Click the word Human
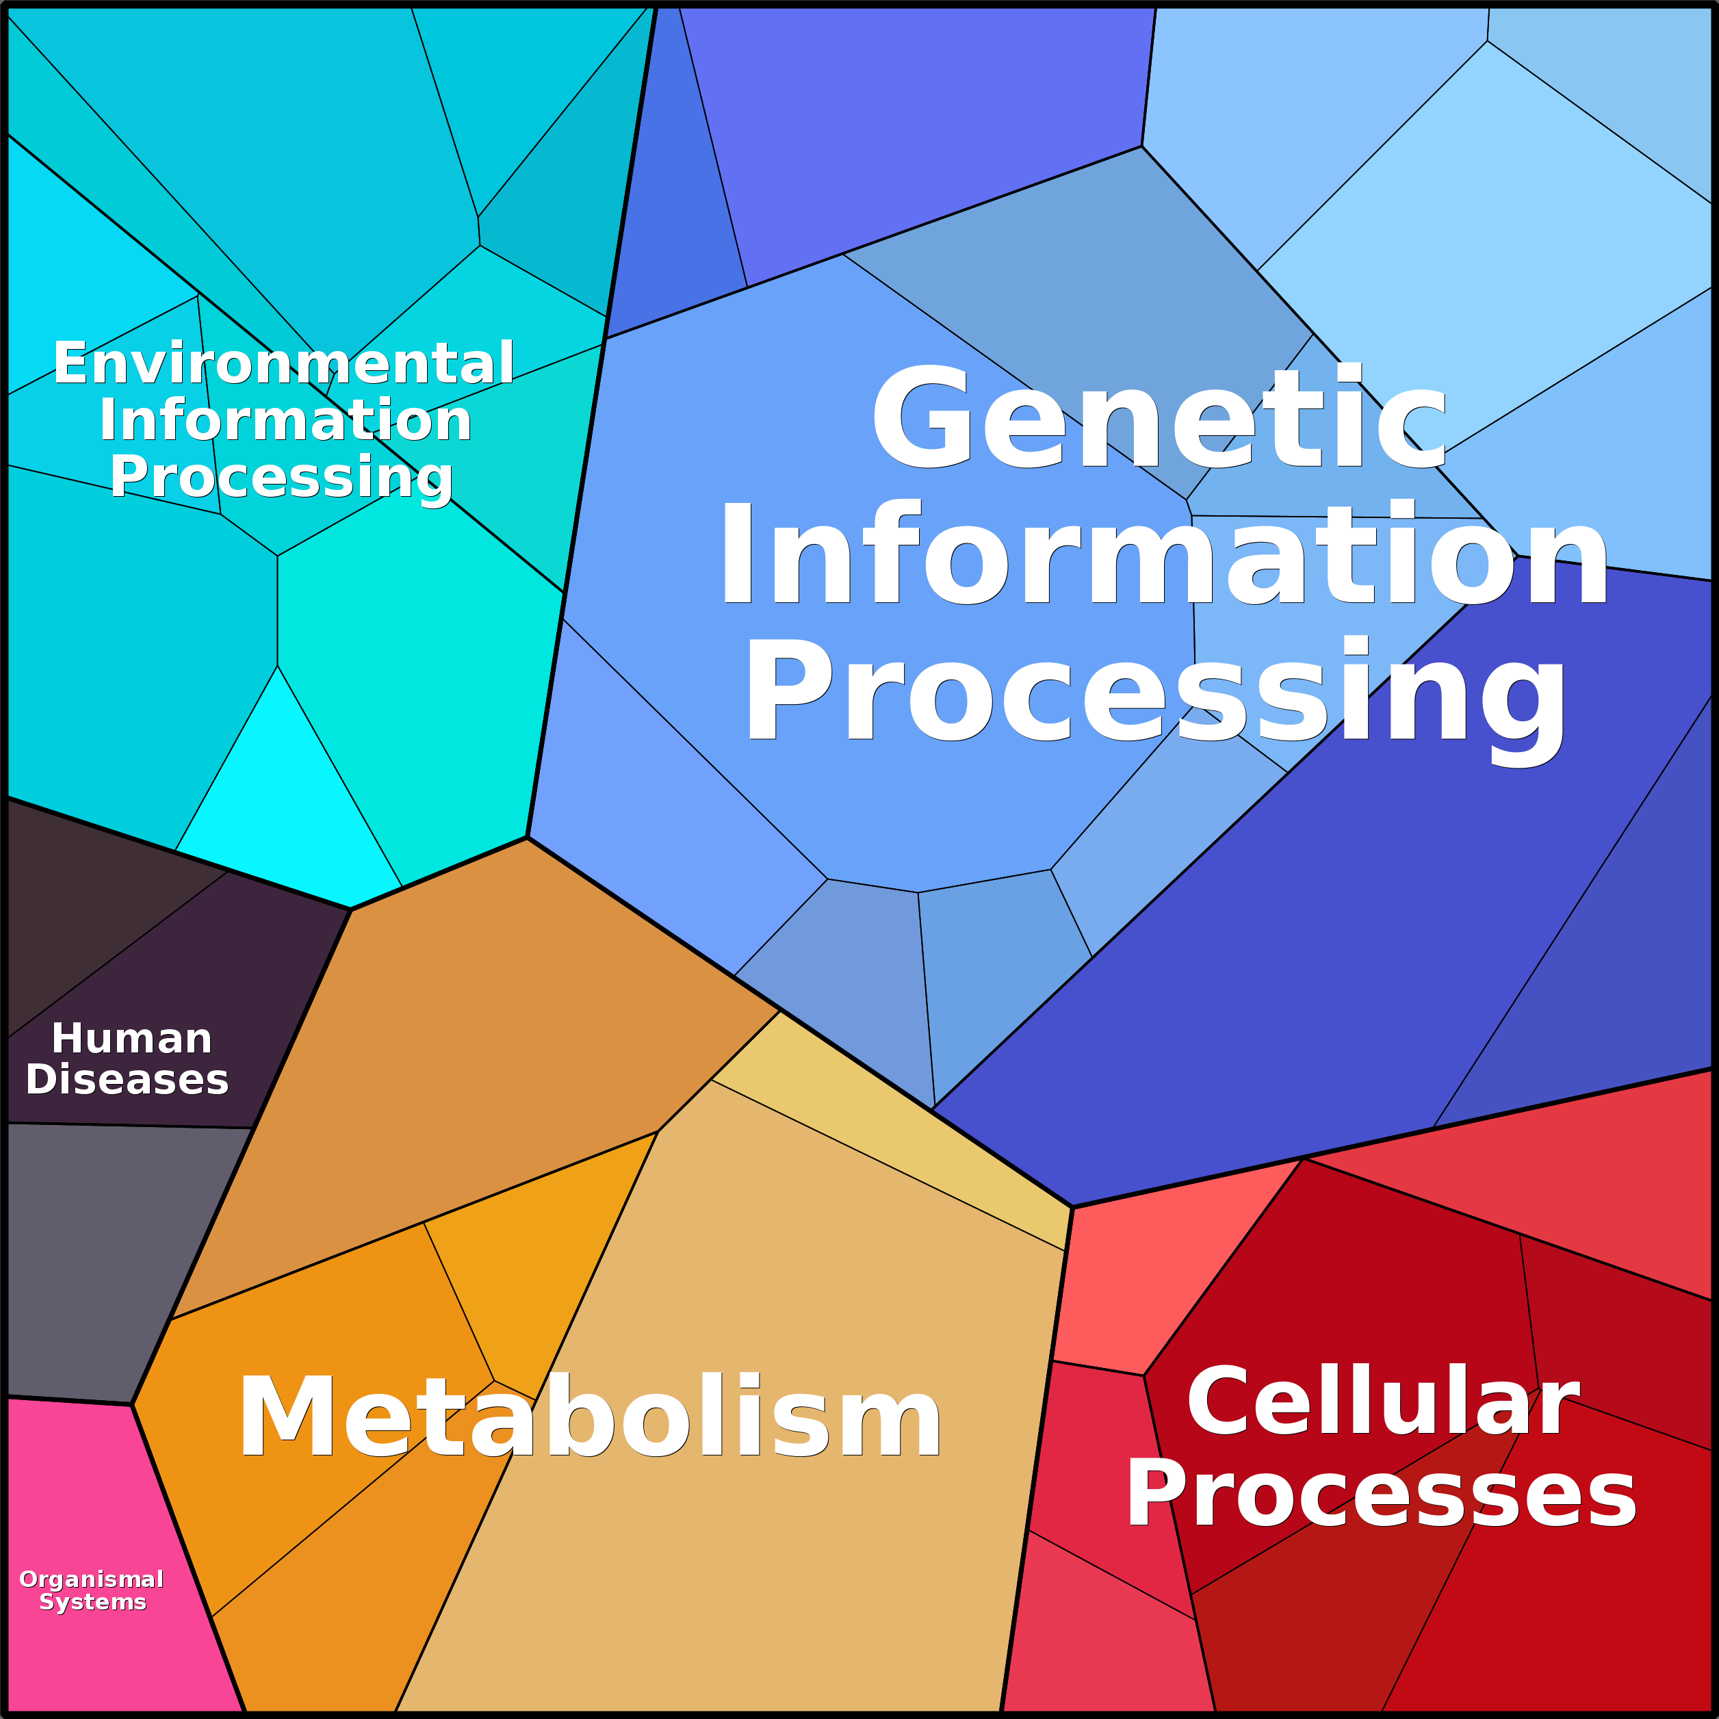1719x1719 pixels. pyautogui.click(x=131, y=1038)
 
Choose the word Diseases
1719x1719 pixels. pyautogui.click(x=127, y=1079)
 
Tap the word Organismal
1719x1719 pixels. pyautogui.click(x=92, y=1579)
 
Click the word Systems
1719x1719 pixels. pyautogui.click(x=92, y=1603)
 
